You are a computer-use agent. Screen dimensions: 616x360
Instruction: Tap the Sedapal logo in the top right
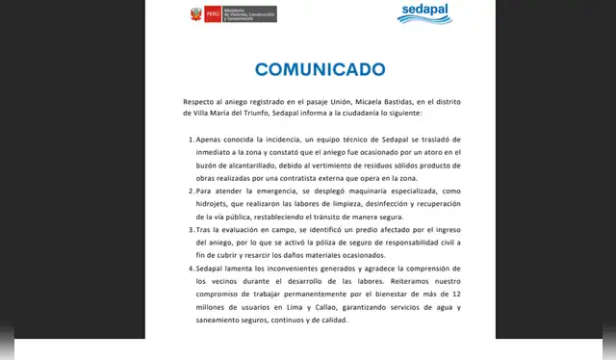click(x=424, y=13)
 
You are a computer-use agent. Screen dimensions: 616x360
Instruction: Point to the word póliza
click(x=335, y=244)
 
